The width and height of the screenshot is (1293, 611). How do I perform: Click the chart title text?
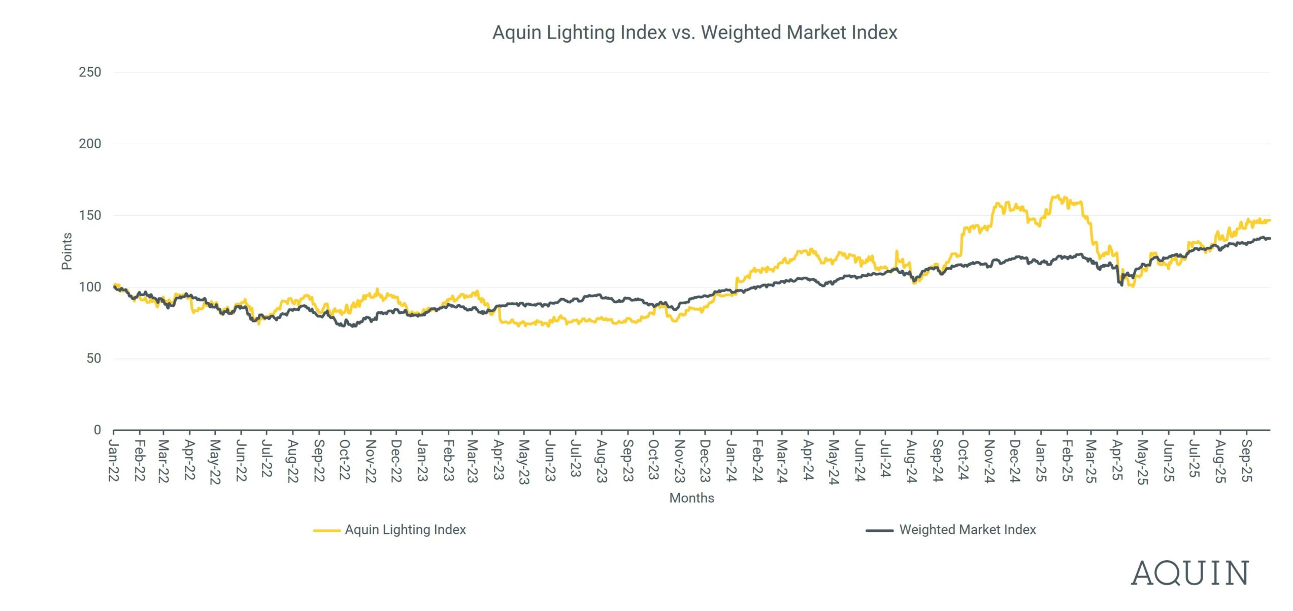pos(694,33)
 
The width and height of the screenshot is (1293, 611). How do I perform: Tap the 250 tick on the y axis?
pos(90,72)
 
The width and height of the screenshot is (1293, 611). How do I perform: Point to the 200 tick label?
pos(90,144)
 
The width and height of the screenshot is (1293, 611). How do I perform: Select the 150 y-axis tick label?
pos(90,215)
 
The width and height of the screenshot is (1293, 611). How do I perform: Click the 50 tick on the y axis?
pos(93,359)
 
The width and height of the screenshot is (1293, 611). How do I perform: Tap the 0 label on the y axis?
pos(97,430)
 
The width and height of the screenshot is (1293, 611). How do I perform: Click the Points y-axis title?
pos(67,251)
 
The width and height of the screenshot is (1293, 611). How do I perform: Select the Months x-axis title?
pos(691,498)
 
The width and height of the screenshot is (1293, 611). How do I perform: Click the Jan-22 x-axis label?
pos(114,461)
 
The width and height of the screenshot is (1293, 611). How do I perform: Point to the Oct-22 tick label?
pos(345,460)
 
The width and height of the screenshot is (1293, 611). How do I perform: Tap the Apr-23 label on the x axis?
pos(499,460)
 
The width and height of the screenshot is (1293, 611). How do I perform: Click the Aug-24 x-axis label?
pos(911,461)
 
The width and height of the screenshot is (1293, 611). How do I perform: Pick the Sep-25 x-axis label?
pos(1247,461)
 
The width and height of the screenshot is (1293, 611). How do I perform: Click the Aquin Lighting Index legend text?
pos(405,530)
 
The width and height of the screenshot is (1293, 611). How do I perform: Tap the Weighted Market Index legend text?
pos(968,530)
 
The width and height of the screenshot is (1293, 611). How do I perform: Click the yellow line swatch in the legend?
pos(326,530)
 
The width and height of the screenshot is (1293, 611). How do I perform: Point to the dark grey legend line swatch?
pos(880,530)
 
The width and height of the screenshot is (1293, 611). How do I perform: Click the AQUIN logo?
pos(1189,573)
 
